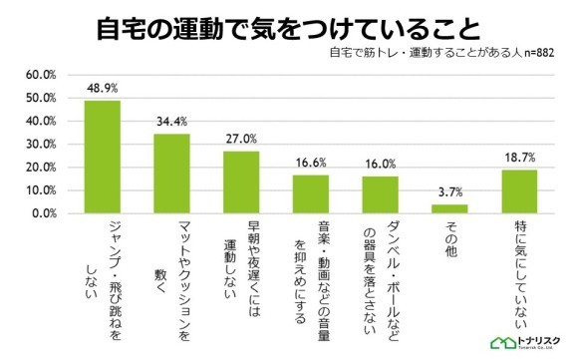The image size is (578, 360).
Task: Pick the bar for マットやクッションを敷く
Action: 171,174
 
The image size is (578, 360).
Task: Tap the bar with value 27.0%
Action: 241,182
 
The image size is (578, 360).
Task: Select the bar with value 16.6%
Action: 310,194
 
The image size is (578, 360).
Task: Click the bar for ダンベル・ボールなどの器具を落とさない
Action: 380,195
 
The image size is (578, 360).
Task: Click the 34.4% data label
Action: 171,123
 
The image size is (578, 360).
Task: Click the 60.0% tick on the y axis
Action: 41,75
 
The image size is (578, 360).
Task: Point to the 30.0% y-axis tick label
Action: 41,145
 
